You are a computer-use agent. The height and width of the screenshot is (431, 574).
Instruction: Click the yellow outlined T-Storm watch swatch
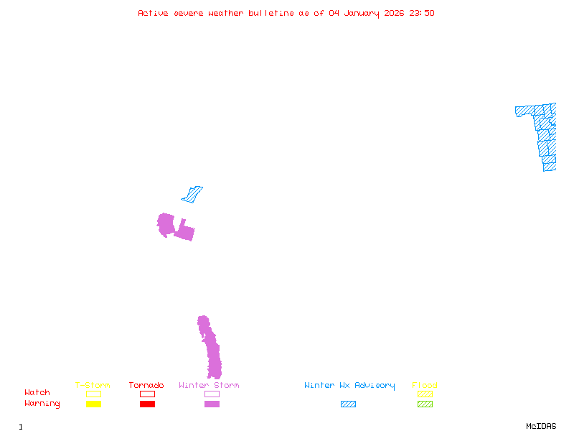[93, 394]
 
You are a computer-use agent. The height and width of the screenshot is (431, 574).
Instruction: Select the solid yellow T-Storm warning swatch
[93, 404]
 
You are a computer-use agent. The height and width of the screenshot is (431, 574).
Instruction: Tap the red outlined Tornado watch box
[147, 394]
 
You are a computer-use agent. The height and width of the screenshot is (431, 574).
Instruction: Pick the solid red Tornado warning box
[147, 404]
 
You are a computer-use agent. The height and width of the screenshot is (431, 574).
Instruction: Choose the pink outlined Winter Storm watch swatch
[212, 394]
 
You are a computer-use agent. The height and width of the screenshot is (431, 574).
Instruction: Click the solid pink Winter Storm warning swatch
[212, 404]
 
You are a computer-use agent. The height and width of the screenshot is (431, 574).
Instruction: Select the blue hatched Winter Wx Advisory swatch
[348, 404]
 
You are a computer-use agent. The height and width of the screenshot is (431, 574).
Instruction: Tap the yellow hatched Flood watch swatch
[425, 394]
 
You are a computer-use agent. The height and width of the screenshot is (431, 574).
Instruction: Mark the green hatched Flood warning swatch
[425, 404]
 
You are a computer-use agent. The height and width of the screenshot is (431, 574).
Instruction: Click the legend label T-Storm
[93, 385]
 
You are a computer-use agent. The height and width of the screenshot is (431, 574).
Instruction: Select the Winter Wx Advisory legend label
[349, 385]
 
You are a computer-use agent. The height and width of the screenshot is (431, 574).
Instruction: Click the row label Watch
[37, 393]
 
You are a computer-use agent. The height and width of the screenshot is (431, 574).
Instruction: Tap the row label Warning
[42, 404]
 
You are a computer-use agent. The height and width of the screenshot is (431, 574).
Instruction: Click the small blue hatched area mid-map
[192, 194]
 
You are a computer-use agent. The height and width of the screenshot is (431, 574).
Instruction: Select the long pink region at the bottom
[212, 352]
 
